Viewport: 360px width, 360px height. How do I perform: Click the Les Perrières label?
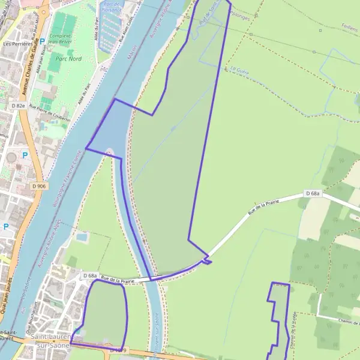pos(17,44)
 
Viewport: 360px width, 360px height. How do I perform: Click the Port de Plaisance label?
pos(112,6)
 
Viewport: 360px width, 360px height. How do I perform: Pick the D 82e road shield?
pos(19,106)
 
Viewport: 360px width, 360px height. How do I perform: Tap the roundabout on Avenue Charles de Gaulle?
pos(11,157)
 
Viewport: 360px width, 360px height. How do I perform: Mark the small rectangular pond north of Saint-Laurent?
pos(82,238)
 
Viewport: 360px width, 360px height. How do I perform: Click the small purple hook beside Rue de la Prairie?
pos(207,259)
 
